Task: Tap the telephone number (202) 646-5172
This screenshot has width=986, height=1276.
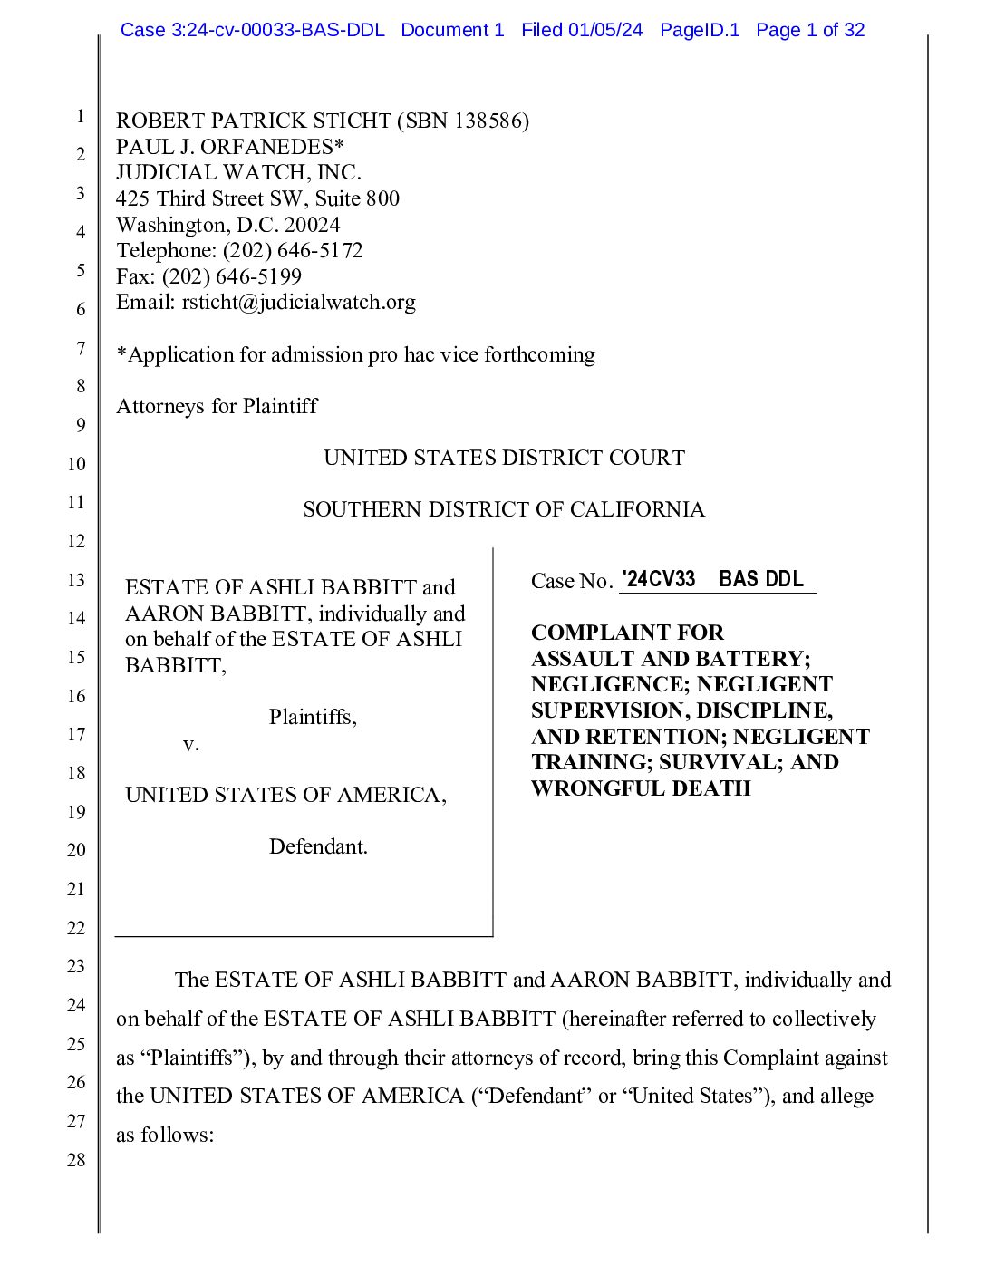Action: pos(293,250)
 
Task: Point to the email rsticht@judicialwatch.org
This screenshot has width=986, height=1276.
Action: pos(298,302)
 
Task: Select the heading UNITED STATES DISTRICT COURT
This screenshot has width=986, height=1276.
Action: pos(504,458)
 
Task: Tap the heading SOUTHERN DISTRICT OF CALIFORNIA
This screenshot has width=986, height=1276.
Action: pos(504,509)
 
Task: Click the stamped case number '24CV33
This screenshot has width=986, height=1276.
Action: pos(659,579)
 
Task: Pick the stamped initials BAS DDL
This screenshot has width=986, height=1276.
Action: pos(761,579)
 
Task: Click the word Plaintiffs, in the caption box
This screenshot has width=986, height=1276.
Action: pos(313,717)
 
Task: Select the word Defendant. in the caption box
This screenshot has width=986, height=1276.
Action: pos(318,846)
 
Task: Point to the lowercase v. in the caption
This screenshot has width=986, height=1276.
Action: pos(190,744)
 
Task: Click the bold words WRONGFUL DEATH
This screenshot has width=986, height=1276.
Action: pos(641,788)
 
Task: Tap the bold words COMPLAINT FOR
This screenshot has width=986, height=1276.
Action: pos(627,633)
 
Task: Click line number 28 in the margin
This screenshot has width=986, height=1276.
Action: pos(76,1160)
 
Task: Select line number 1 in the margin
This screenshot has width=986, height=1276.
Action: pos(80,116)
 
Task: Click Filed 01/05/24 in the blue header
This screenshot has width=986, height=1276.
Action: pos(582,30)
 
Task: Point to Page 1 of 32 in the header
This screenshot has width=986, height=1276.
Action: pos(810,30)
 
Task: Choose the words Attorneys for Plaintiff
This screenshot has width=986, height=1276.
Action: pos(217,406)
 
